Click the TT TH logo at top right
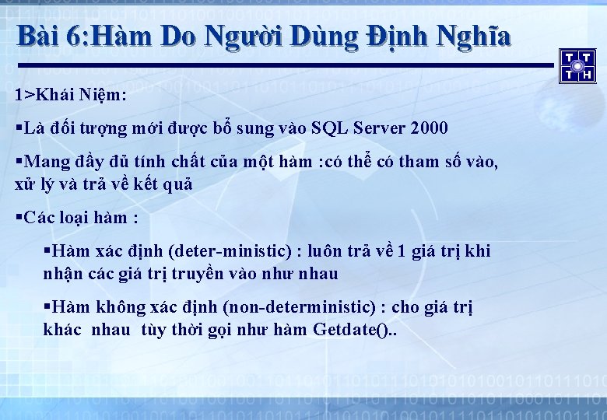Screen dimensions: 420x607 pos(577,65)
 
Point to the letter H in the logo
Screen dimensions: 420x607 pos(588,75)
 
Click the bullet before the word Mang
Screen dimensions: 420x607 pos(19,162)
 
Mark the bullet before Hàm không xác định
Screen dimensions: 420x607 pos(47,307)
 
